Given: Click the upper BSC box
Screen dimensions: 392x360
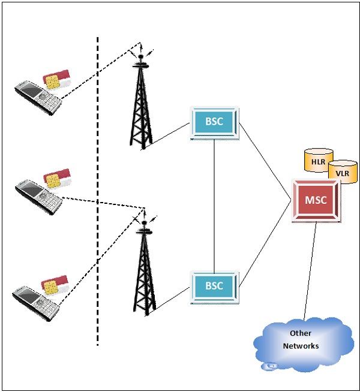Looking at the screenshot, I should [x=214, y=122].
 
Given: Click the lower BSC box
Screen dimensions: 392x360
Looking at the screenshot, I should [x=214, y=287].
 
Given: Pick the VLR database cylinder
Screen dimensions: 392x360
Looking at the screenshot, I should [x=342, y=171].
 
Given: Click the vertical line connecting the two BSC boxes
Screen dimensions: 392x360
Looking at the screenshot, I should [x=214, y=204].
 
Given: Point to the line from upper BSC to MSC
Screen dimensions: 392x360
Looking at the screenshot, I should [x=264, y=159].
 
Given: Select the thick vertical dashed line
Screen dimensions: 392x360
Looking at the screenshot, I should [x=98, y=192].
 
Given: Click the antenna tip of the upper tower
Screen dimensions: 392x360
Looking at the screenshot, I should [x=141, y=44].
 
